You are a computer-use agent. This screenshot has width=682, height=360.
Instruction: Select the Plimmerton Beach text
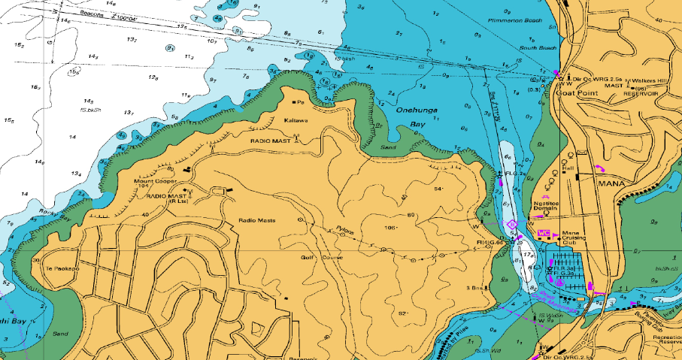pos(515,20)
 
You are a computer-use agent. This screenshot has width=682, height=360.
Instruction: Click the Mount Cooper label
pos(155,181)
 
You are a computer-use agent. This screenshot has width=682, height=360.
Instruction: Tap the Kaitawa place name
pos(296,120)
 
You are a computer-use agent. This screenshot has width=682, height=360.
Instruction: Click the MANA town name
pos(611,183)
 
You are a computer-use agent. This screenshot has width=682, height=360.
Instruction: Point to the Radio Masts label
pos(257,219)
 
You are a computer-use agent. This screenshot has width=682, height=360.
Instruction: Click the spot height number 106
pos(389,227)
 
